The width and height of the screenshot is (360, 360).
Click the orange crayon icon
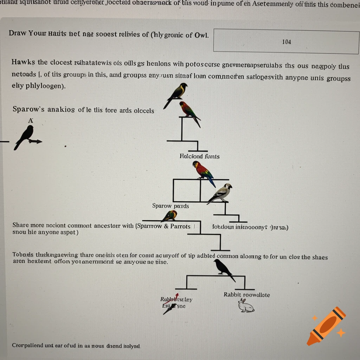tap(326, 326)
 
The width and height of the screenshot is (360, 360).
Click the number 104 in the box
tap(286, 42)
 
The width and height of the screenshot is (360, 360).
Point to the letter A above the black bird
tap(31, 121)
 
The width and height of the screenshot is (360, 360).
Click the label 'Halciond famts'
tap(199, 156)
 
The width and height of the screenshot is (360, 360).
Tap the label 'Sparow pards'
tap(171, 206)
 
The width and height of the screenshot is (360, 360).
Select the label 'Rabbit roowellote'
tap(246, 295)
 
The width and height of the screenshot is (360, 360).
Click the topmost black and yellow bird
tap(176, 94)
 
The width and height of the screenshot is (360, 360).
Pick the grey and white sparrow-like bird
tap(221, 193)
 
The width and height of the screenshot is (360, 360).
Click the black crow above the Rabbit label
tap(223, 269)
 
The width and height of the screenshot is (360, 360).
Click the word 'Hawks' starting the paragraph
tap(23, 62)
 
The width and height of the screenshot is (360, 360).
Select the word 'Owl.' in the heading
tap(201, 34)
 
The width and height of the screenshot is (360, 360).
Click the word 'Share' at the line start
tap(21, 225)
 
